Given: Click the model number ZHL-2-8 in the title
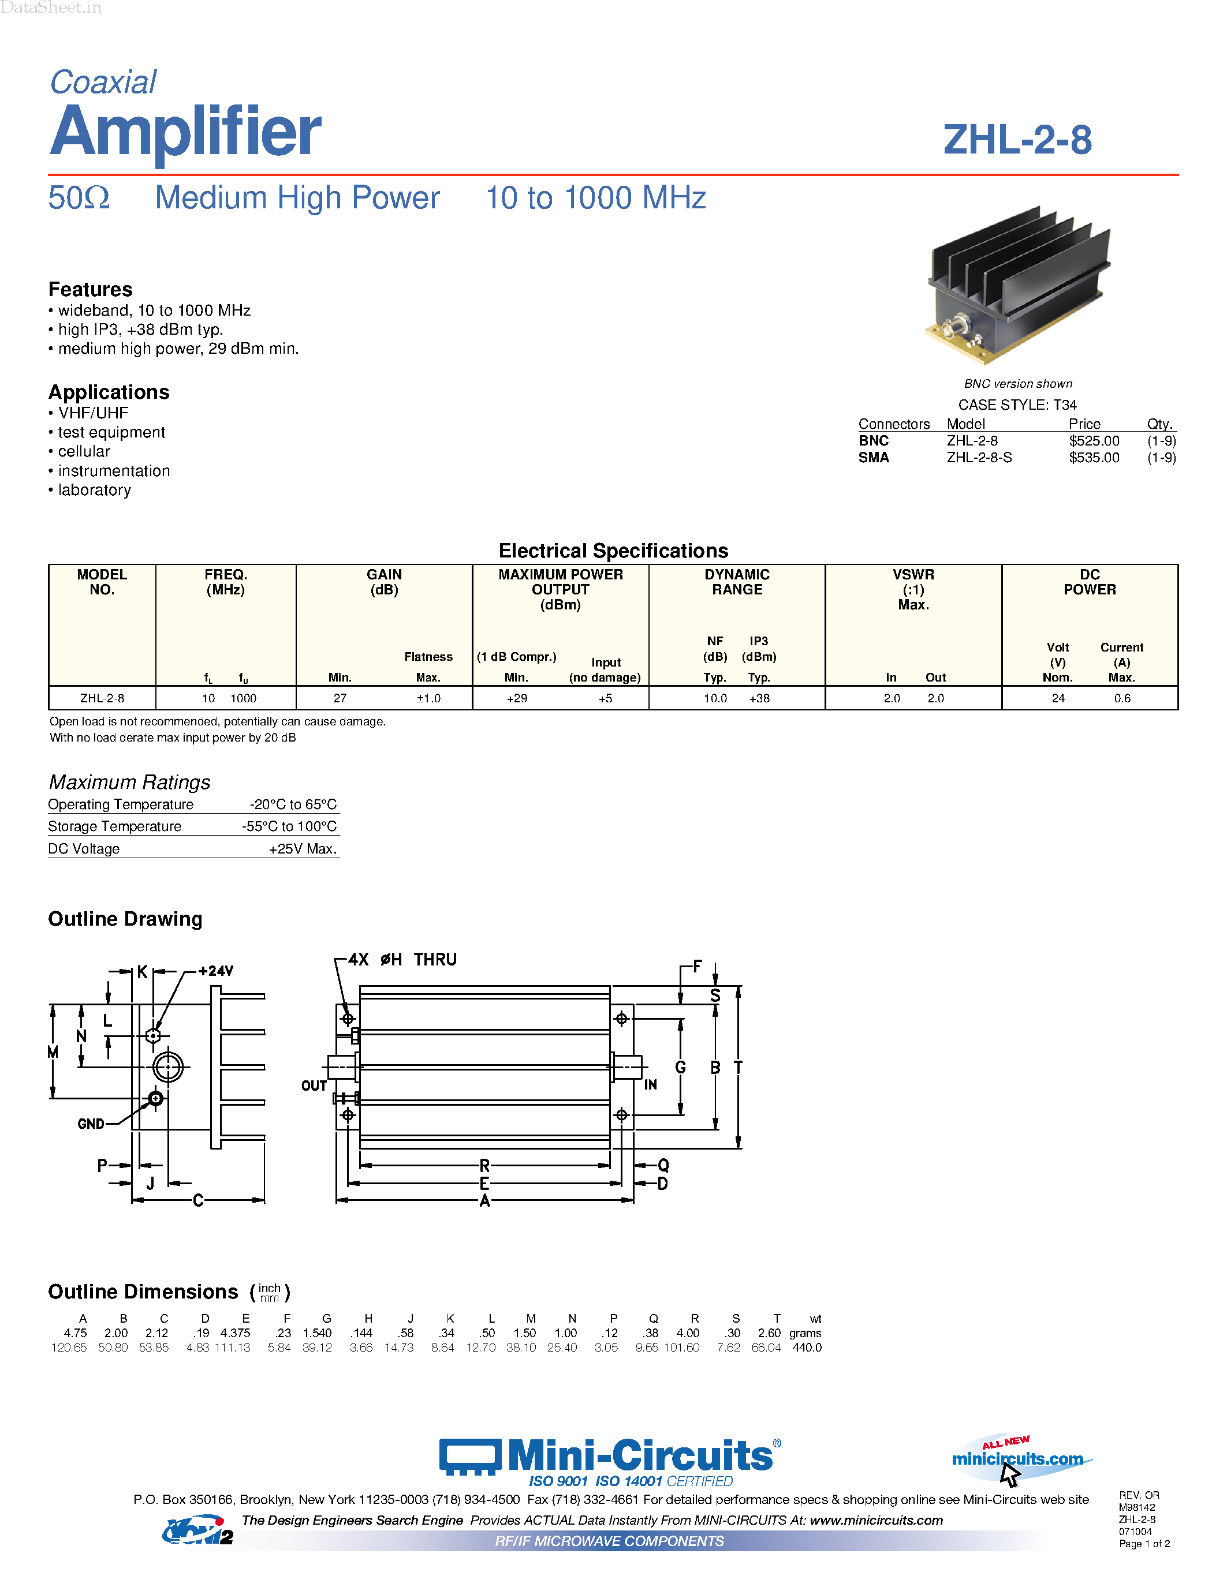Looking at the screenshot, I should click(x=1017, y=140).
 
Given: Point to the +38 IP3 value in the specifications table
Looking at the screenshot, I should click(x=759, y=698).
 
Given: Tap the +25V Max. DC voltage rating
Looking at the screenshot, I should click(x=303, y=849).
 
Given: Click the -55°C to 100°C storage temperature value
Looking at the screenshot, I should click(x=289, y=826).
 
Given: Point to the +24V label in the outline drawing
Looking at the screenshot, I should click(x=216, y=971).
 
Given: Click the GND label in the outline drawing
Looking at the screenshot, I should click(x=91, y=1124).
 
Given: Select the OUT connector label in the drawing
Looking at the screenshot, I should click(x=314, y=1086).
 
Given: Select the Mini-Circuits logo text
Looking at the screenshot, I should click(x=640, y=1455).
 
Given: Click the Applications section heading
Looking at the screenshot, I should click(x=109, y=392).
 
